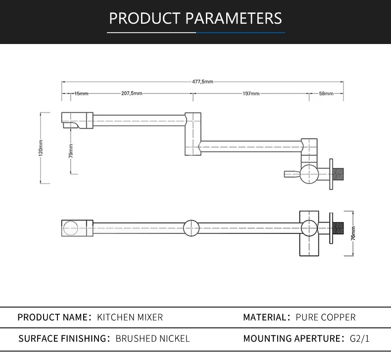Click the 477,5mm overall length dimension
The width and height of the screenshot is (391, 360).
[202, 82]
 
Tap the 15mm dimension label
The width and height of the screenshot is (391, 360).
[81, 93]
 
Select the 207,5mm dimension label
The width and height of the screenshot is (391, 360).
[132, 93]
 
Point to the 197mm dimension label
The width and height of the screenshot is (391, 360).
[251, 93]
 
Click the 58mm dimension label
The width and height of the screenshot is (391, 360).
[326, 93]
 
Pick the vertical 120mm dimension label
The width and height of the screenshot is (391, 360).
[41, 148]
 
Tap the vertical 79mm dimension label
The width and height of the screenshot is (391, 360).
[71, 151]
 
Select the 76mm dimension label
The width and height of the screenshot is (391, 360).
[353, 233]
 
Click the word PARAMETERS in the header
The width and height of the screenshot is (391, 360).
[234, 18]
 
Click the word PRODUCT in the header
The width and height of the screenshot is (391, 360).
[145, 18]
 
